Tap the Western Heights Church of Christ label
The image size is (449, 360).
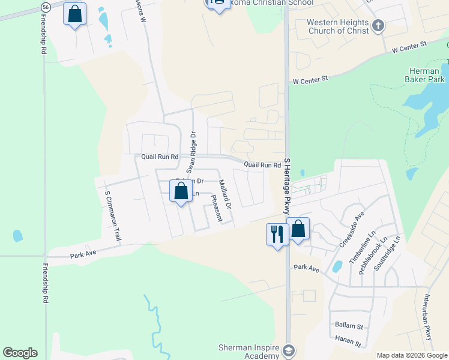coord(336,26)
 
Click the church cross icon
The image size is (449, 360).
coord(378,26)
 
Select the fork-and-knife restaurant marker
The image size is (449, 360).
coord(276,233)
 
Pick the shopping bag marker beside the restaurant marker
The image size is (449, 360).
coord(298,229)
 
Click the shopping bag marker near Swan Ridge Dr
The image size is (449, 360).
coord(181,191)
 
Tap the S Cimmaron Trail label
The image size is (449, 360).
coord(113,217)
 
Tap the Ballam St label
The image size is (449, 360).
coord(349,325)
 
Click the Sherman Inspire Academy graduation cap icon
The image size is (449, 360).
coord(289,350)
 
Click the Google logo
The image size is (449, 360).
coord(20,353)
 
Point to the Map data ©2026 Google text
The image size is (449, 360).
coord(411,355)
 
